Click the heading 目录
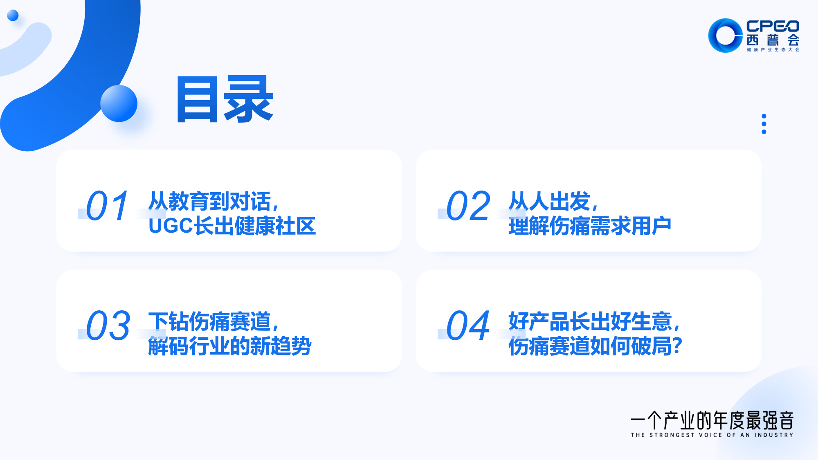(x=225, y=99)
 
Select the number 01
(x=108, y=206)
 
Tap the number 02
(x=468, y=206)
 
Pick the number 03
(x=108, y=325)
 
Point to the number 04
(x=468, y=325)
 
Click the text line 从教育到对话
(x=213, y=201)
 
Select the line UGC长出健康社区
(x=232, y=226)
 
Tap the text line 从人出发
(x=553, y=201)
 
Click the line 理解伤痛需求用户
(x=590, y=226)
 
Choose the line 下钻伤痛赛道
(x=213, y=321)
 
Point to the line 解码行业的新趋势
(x=229, y=346)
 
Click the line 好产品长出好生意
(x=594, y=321)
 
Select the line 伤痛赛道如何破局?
(x=595, y=346)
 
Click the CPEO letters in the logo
(x=773, y=26)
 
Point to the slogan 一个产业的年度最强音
(x=712, y=420)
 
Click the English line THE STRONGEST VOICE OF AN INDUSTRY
(x=712, y=435)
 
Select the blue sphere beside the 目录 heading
(x=119, y=103)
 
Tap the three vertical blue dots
(x=764, y=124)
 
